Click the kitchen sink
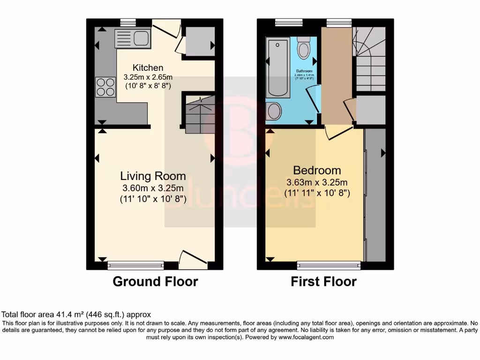coord(132,37)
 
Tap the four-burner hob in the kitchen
coord(105,87)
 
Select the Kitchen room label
coord(148,67)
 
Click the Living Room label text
coord(153,176)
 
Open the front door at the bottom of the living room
coord(193,259)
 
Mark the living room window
coord(136,266)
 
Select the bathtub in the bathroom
coord(277,68)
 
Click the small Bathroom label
coord(304,71)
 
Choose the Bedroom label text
coord(317,170)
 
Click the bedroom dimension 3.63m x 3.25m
coord(317,182)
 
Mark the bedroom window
coord(329,266)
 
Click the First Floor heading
coord(323,282)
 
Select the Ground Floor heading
coord(155,282)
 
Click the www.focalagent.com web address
coord(306,337)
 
